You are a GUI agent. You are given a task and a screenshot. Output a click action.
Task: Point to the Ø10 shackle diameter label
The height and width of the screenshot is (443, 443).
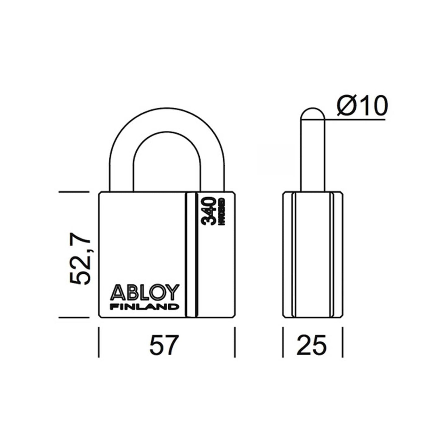pyautogui.click(x=362, y=106)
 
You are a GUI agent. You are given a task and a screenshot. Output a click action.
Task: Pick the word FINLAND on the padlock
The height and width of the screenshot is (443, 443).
pyautogui.click(x=144, y=307)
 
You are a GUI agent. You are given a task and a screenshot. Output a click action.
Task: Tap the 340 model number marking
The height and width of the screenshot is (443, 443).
pyautogui.click(x=209, y=211)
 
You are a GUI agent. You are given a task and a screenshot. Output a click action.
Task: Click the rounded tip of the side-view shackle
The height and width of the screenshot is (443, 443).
pyautogui.click(x=313, y=113)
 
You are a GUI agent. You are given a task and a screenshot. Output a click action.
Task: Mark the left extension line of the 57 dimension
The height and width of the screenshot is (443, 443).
pyautogui.click(x=99, y=342)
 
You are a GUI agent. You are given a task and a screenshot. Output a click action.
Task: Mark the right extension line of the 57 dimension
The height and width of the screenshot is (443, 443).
pyautogui.click(x=235, y=342)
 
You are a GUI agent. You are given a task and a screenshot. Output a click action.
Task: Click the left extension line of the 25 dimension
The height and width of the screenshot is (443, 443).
pyautogui.click(x=283, y=342)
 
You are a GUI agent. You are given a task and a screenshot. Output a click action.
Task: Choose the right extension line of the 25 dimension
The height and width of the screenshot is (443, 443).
pyautogui.click(x=343, y=342)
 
